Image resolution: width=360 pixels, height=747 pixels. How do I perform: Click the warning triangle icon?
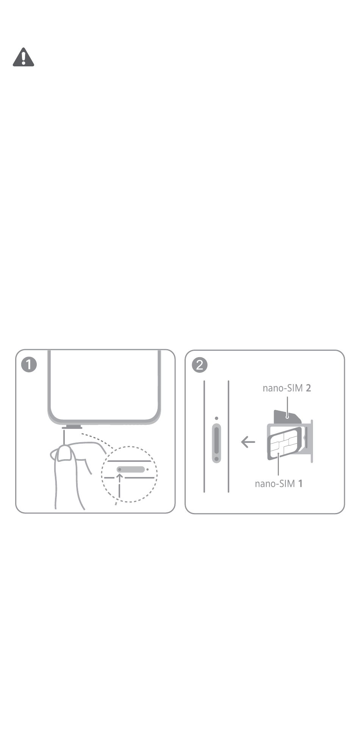click(23, 57)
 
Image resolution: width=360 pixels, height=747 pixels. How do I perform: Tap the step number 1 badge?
click(29, 365)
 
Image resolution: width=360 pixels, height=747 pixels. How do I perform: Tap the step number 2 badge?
click(200, 365)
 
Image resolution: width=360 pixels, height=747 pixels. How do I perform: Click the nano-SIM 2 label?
click(287, 388)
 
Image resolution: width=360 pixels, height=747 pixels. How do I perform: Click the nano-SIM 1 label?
click(279, 484)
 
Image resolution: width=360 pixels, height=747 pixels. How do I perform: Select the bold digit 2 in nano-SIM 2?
click(308, 388)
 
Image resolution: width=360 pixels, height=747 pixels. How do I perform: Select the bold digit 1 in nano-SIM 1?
click(300, 484)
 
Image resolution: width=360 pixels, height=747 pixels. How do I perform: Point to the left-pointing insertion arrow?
click(248, 442)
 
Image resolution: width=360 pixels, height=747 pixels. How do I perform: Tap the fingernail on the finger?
click(65, 454)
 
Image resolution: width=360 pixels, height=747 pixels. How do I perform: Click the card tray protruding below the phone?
click(72, 427)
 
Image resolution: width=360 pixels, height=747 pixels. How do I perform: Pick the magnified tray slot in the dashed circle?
click(131, 469)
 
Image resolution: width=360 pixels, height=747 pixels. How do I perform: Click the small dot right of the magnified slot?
click(147, 469)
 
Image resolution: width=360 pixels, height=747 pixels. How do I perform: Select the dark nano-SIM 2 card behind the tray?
click(287, 417)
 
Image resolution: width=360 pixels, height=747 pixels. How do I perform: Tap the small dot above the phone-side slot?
click(216, 418)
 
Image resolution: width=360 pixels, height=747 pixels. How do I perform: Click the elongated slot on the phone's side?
click(216, 443)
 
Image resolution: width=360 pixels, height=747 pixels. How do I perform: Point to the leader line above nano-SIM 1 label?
click(278, 465)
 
